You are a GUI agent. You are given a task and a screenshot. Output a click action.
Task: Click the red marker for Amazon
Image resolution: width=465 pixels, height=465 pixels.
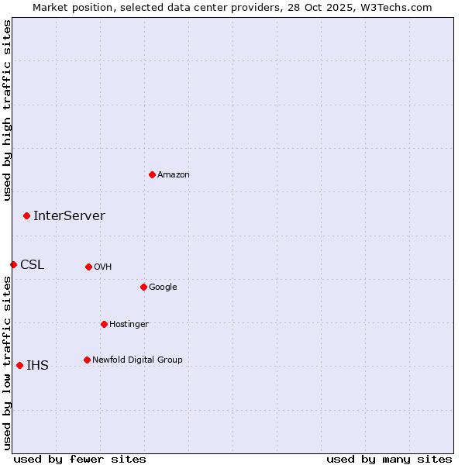click(x=152, y=174)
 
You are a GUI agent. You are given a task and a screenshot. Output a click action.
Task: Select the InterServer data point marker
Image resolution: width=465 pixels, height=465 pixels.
click(x=26, y=215)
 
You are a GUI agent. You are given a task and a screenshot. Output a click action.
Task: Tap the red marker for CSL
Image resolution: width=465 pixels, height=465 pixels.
click(x=13, y=264)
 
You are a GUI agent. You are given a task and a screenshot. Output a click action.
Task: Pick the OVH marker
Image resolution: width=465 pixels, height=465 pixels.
click(x=88, y=267)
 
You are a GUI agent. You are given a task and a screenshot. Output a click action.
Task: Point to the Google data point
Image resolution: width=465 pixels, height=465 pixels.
click(x=143, y=287)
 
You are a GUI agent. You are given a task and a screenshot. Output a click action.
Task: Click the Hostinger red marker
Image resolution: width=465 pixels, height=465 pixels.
click(x=104, y=324)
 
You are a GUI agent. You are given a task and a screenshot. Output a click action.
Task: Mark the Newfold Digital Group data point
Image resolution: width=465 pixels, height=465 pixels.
click(x=87, y=360)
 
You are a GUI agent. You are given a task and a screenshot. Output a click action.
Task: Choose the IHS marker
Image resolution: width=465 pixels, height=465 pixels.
click(x=19, y=365)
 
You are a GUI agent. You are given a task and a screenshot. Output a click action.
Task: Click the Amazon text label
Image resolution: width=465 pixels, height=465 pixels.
click(x=174, y=175)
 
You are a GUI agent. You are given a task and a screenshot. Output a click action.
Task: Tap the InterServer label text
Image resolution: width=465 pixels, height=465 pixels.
click(x=69, y=216)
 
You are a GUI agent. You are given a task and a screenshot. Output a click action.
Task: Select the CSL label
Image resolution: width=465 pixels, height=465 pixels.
click(x=33, y=265)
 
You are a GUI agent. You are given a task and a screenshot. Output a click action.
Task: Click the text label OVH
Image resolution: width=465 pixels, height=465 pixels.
click(x=103, y=267)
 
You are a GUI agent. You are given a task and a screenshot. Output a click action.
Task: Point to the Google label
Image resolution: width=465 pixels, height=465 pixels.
click(x=163, y=288)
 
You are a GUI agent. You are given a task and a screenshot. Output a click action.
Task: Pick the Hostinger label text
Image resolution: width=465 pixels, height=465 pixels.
click(x=129, y=325)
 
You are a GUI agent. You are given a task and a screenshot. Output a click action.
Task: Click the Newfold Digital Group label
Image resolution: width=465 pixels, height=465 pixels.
click(x=137, y=360)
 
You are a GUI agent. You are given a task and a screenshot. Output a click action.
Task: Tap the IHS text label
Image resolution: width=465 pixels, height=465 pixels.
click(x=37, y=366)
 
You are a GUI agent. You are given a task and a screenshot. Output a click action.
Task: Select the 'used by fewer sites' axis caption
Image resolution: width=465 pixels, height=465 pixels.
click(x=80, y=459)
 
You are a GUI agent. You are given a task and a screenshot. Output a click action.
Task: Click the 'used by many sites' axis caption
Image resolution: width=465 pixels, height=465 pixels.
click(x=389, y=459)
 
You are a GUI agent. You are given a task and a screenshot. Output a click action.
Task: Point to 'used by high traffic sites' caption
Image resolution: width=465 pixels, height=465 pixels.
click(x=8, y=110)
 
